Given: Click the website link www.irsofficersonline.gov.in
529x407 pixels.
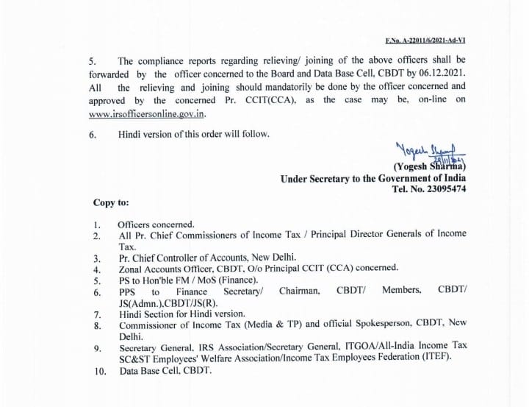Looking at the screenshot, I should pos(147,113).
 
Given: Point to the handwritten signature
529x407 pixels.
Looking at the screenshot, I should pos(420,152).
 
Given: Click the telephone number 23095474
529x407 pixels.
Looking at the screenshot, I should pos(442,188).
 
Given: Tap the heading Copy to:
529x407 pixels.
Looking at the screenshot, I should pos(110,202).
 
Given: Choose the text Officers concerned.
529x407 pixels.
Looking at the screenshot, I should pos(156,224).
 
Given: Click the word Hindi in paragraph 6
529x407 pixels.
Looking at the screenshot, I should pos(131,134).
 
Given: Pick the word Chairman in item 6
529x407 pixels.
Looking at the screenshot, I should pos(299,291).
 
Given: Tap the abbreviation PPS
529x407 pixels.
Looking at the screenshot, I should pos(129,291).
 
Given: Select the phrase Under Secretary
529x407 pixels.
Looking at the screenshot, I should pos(314,177).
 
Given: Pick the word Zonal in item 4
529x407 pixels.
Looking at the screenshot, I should pos(131,269).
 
